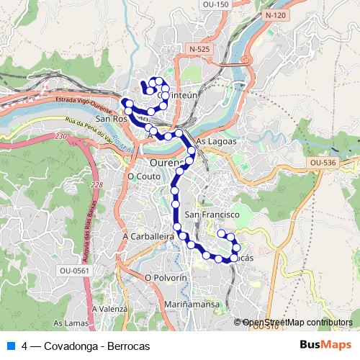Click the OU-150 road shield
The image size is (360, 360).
pos(217,4)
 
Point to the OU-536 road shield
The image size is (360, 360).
pos(323,163)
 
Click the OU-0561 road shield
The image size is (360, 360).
pos(74,270)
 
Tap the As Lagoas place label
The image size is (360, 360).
pos(216,142)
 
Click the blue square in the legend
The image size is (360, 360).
pos(9,346)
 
